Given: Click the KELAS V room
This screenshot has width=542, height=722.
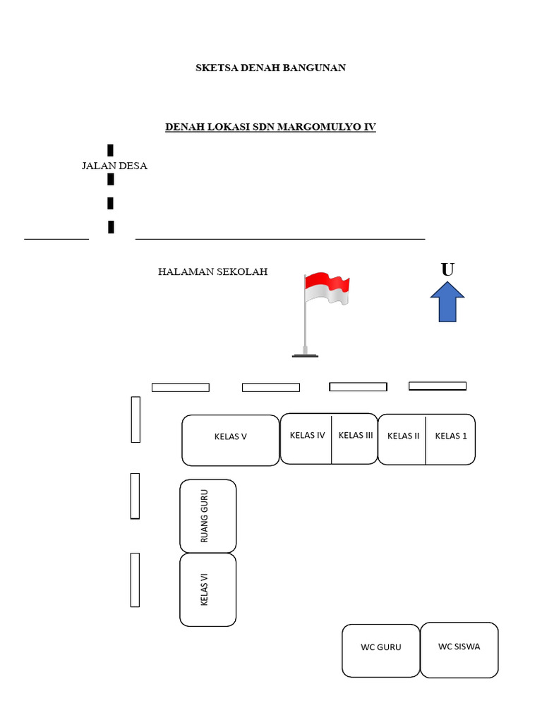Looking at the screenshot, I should pyautogui.click(x=230, y=440).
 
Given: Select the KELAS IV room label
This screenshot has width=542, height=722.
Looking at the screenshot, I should pyautogui.click(x=307, y=435).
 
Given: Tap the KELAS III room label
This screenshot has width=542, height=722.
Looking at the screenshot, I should pyautogui.click(x=355, y=435).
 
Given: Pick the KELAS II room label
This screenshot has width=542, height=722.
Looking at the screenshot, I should pyautogui.click(x=403, y=436).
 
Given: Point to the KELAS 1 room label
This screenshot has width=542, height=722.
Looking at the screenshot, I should pyautogui.click(x=451, y=436).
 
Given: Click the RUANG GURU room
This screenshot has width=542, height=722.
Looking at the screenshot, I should pyautogui.click(x=207, y=516).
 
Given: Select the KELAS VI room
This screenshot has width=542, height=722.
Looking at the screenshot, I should pyautogui.click(x=207, y=589).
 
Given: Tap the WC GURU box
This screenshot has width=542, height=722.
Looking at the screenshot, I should pyautogui.click(x=380, y=650).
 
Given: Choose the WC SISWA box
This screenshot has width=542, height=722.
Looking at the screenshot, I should pyautogui.click(x=459, y=649).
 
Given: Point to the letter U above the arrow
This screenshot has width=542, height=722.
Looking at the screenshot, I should pyautogui.click(x=447, y=270).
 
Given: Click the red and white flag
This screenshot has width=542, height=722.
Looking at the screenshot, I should pyautogui.click(x=327, y=288).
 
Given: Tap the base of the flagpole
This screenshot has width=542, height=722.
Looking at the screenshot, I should pyautogui.click(x=305, y=355).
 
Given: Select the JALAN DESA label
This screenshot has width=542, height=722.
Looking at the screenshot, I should pyautogui.click(x=114, y=166).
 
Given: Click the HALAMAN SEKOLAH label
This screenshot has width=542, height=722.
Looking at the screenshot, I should pyautogui.click(x=212, y=271).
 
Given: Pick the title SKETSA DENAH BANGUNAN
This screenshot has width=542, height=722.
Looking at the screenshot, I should pyautogui.click(x=270, y=68).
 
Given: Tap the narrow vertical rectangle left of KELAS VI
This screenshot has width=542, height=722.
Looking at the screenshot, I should pyautogui.click(x=135, y=580).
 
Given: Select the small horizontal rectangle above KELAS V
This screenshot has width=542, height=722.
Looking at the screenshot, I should pyautogui.click(x=181, y=387).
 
